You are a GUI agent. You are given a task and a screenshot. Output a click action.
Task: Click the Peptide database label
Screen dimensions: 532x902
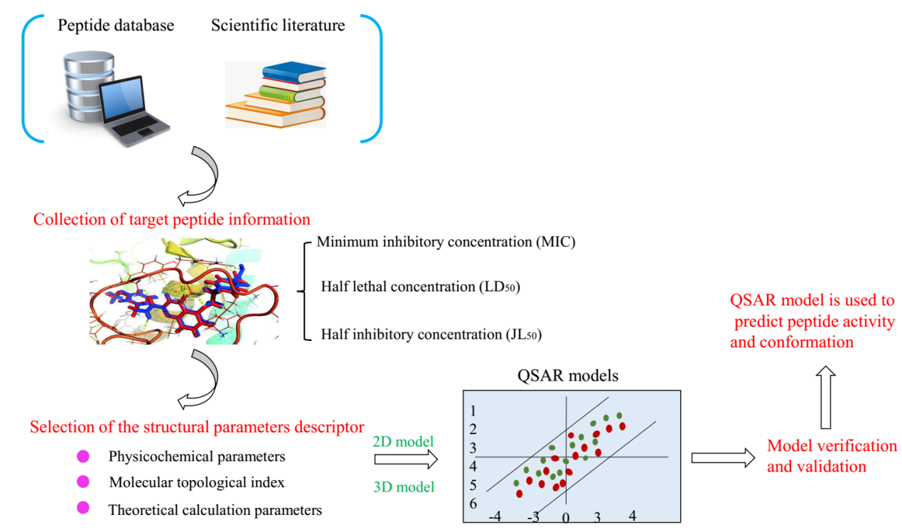click(116, 26)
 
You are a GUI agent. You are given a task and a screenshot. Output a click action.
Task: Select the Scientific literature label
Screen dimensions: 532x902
click(278, 26)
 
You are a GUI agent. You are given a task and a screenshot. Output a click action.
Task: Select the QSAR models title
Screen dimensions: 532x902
click(567, 376)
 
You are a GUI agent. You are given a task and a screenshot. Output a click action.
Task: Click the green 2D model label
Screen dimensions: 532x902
click(403, 441)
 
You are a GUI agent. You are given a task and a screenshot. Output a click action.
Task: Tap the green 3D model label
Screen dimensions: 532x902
click(403, 487)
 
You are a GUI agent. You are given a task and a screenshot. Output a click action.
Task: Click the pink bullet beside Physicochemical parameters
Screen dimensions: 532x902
click(82, 456)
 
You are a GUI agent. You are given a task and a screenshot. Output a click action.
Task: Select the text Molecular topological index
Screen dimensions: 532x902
click(197, 483)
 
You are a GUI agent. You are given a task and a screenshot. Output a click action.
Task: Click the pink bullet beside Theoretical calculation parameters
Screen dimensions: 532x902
click(82, 508)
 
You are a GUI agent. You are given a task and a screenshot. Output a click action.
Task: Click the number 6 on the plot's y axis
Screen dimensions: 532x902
click(473, 504)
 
